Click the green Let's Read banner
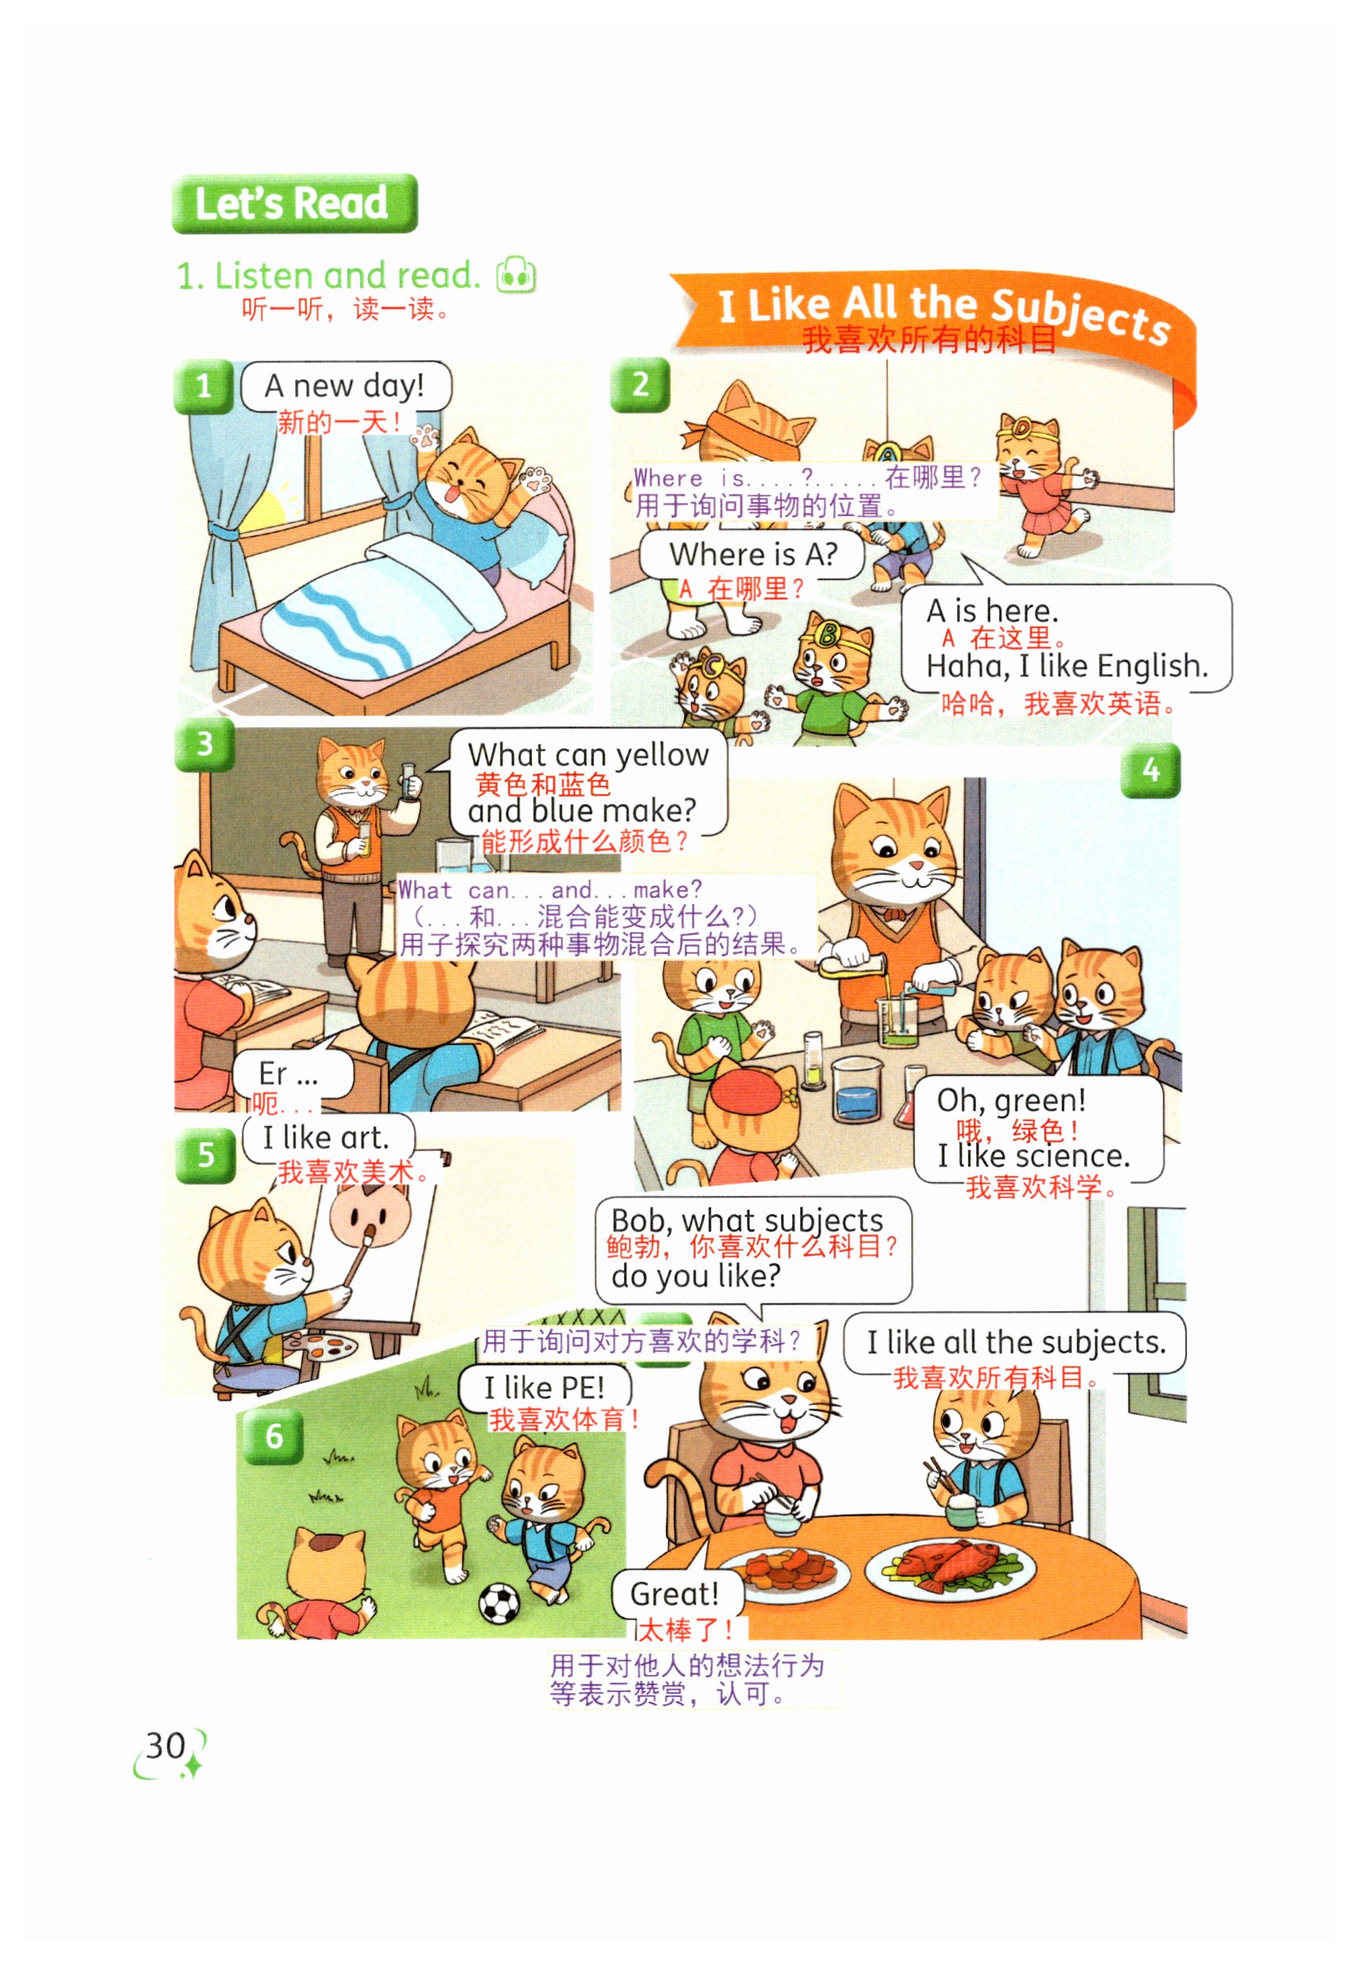294,203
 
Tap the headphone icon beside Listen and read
516,274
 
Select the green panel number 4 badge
1151,771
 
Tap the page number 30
166,1745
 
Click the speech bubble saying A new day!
346,387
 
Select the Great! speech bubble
677,1593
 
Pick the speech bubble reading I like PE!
545,1389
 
